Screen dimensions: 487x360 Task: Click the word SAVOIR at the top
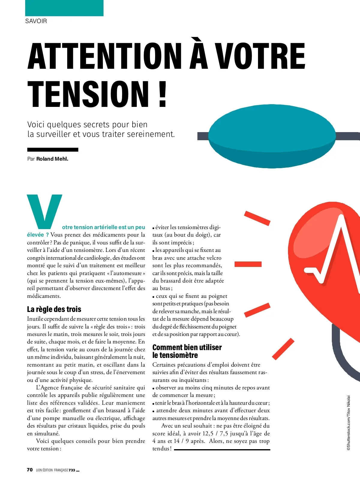pyautogui.click(x=36, y=21)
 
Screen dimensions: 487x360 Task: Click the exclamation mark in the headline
pyautogui.click(x=162, y=94)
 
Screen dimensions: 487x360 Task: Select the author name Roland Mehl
pyautogui.click(x=52, y=159)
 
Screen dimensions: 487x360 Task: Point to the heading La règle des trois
pyautogui.click(x=54, y=309)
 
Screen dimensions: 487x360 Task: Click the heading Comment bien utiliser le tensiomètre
pyautogui.click(x=187, y=351)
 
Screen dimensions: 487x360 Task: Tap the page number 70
pyautogui.click(x=30, y=470)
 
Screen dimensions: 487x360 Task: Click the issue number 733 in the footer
pyautogui.click(x=72, y=470)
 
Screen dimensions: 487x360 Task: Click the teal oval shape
pyautogui.click(x=272, y=136)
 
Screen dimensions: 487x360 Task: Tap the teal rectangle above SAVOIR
pyautogui.click(x=64, y=8)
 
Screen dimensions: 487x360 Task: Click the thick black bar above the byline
pyautogui.click(x=53, y=150)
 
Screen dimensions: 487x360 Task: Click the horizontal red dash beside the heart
pyautogui.click(x=248, y=264)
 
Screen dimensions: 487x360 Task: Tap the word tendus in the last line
pyautogui.click(x=161, y=449)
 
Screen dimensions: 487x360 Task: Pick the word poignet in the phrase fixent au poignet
pyautogui.click(x=218, y=296)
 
